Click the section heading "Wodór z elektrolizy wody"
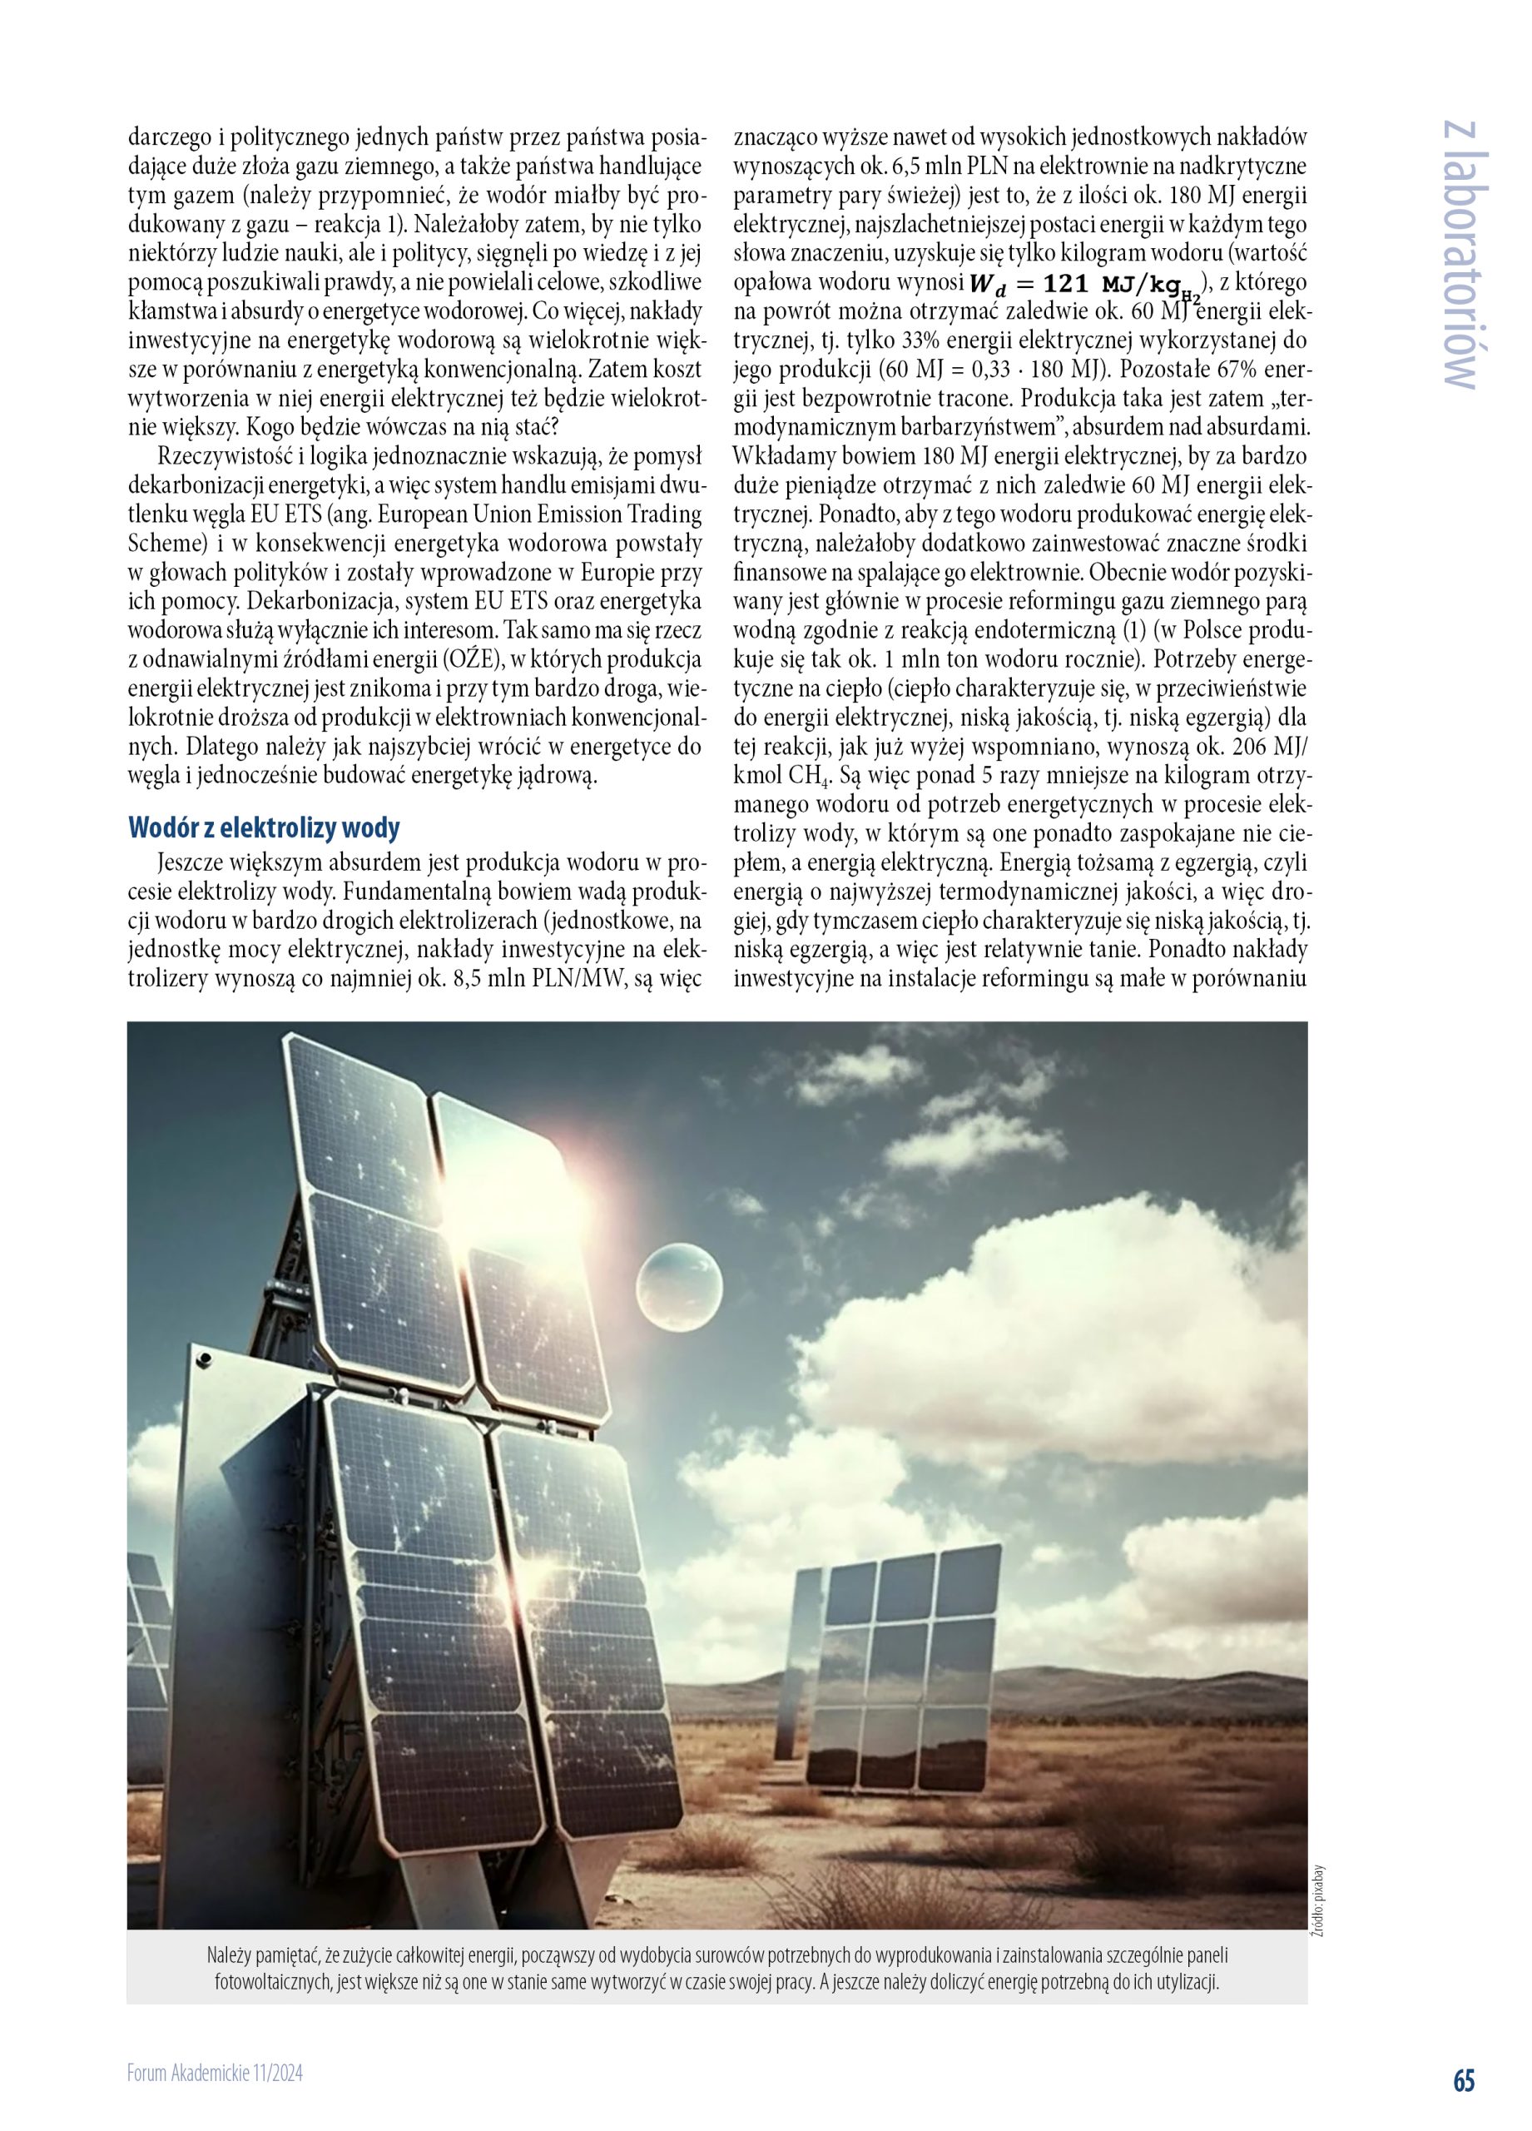pos(264,827)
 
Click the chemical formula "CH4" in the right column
pos(798,777)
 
